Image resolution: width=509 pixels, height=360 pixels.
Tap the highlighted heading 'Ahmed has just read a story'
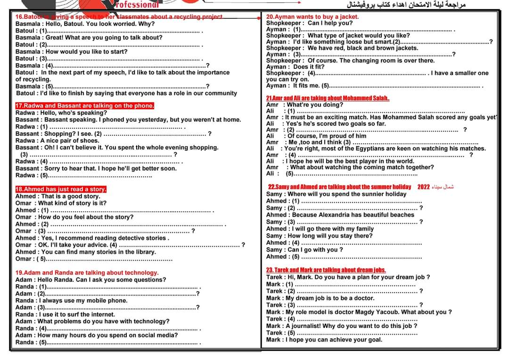point(61,189)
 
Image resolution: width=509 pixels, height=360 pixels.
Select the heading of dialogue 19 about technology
point(87,273)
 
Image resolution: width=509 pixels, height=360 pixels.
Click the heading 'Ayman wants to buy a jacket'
point(312,16)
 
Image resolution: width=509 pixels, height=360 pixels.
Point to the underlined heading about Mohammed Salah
point(328,98)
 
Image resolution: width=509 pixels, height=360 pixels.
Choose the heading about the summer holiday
point(339,187)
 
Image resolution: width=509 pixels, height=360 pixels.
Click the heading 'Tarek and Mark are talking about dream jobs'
point(326,270)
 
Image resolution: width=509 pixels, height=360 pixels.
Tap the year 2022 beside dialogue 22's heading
point(424,187)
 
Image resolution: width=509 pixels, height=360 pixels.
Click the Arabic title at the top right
point(406,5)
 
